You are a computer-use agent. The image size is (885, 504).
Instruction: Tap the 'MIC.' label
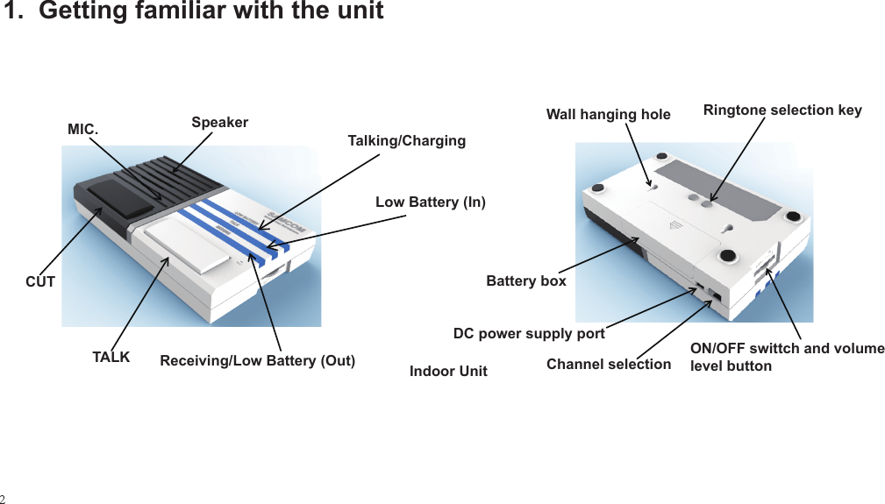point(83,130)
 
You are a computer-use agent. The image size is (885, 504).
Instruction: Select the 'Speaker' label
point(219,123)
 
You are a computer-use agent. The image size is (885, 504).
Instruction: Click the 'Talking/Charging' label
point(406,141)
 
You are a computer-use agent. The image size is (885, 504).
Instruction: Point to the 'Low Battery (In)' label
point(430,202)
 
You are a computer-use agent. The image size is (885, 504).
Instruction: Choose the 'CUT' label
point(39,282)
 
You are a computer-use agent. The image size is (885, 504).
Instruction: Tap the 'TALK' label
point(111,358)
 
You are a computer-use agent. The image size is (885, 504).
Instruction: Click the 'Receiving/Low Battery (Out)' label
point(257,361)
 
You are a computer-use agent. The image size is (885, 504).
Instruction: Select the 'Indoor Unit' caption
point(448,372)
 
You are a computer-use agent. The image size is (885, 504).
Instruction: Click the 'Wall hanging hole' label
point(608,115)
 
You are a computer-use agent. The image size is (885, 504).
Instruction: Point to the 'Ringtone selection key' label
point(782,110)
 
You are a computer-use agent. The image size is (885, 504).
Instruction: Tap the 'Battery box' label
point(525,281)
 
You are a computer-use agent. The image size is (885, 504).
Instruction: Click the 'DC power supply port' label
point(528,334)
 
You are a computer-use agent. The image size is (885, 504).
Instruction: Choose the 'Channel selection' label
point(608,364)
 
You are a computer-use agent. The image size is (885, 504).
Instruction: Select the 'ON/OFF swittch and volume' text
point(787,349)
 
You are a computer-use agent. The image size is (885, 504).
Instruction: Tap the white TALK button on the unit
point(188,245)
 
